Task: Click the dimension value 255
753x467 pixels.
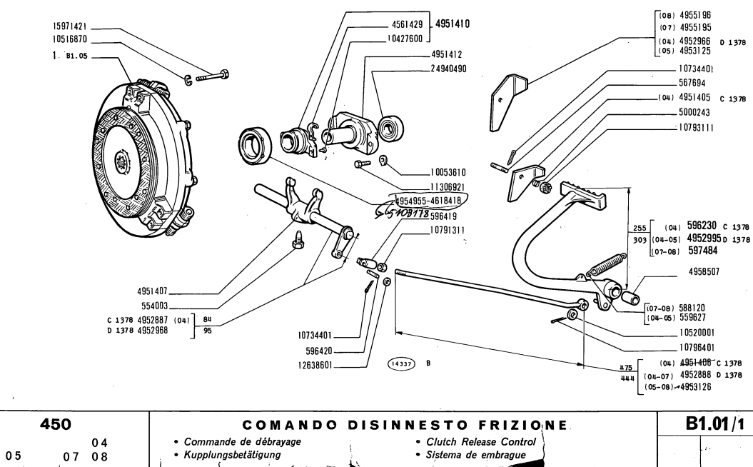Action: coord(639,228)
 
